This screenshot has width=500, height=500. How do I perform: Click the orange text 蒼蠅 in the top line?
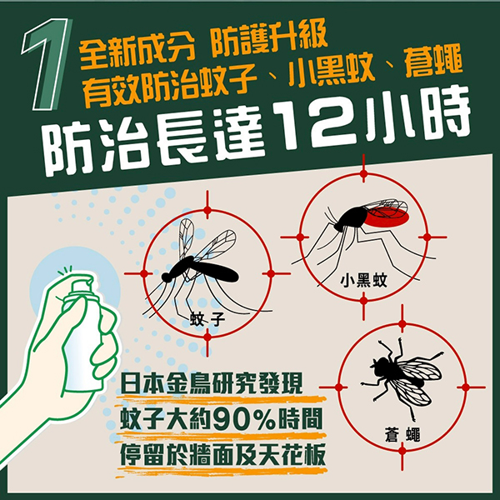click(433, 61)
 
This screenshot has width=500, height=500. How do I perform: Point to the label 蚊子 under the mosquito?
click(207, 319)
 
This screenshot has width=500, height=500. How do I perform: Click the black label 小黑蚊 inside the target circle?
click(363, 280)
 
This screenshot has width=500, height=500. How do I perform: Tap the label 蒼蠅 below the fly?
click(402, 435)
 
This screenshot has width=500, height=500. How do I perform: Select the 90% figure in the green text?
click(244, 420)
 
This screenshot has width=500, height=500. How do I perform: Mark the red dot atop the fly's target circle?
click(402, 324)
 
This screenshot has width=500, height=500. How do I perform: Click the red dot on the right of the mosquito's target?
click(271, 273)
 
